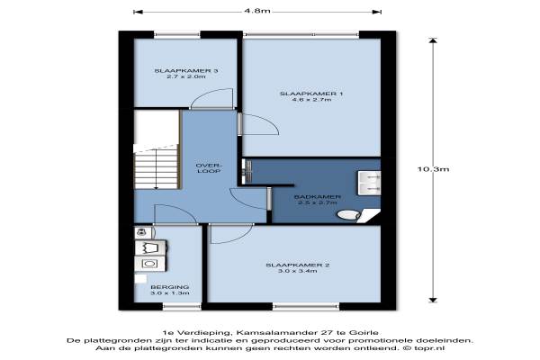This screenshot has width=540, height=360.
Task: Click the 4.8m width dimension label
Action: [256, 11]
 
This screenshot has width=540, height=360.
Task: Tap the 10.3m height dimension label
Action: [433, 169]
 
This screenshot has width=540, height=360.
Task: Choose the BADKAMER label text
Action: [317, 197]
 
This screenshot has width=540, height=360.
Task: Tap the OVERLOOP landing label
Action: [209, 168]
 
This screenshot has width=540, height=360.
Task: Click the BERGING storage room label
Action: [170, 287]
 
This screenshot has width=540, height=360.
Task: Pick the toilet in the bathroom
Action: [348, 215]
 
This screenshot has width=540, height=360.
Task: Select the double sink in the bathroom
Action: [369, 183]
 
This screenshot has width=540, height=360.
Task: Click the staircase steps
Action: [156, 166]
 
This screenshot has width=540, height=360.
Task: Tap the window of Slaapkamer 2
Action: [307, 306]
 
